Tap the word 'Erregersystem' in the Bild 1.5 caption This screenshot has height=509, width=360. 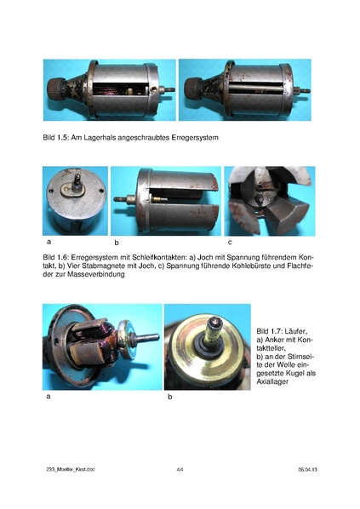[x=200, y=137]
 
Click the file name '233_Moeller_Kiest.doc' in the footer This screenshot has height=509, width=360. [x=71, y=469]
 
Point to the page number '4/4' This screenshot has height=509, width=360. [x=180, y=469]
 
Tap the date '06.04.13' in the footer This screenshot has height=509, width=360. [x=308, y=469]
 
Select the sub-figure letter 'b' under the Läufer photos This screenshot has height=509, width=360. [x=169, y=397]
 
